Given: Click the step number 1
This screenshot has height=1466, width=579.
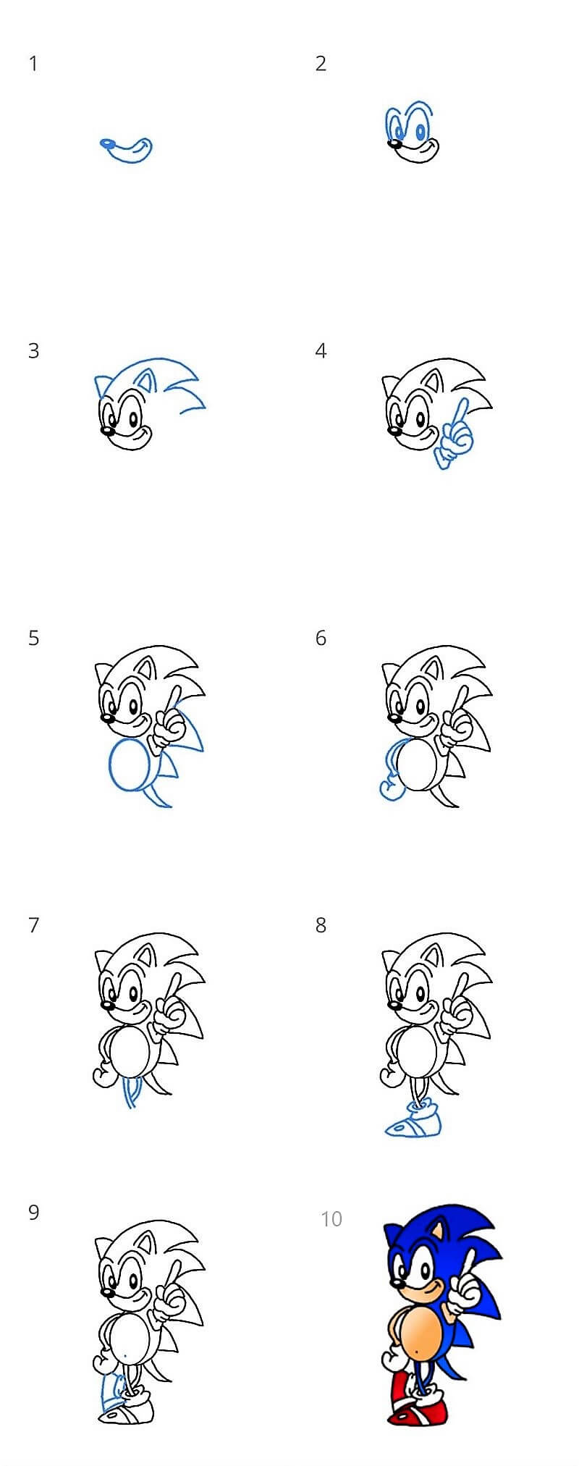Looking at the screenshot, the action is [x=33, y=64].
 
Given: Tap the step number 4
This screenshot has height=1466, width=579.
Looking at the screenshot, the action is [x=321, y=351].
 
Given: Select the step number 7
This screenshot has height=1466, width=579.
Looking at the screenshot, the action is [x=33, y=925].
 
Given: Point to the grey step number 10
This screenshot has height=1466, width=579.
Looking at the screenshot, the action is [x=331, y=1219].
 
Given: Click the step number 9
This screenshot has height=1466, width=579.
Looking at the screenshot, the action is [x=33, y=1213].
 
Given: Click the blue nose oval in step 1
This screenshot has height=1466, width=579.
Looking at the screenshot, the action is [x=108, y=143].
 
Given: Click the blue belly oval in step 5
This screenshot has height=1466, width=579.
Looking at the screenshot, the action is [x=131, y=766].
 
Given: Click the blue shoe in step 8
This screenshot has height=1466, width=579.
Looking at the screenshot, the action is [x=414, y=1119].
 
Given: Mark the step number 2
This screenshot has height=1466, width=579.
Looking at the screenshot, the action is [x=321, y=64].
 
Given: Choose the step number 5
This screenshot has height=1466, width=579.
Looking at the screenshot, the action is [x=33, y=639].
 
